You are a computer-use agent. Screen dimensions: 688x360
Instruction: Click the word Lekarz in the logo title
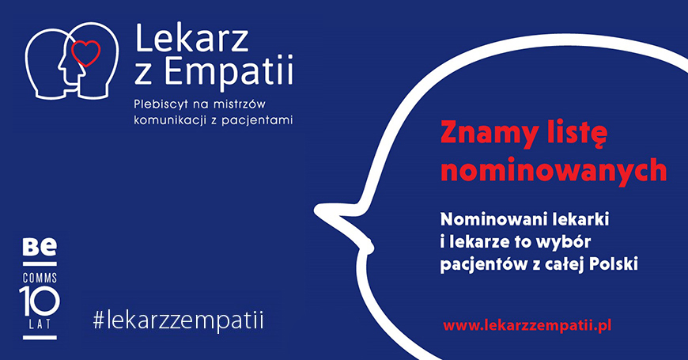(192, 38)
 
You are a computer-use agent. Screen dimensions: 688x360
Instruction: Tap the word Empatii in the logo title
(229, 72)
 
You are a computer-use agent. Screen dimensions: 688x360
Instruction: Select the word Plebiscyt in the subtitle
(161, 105)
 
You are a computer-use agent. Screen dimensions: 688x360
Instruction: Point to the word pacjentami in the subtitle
(257, 120)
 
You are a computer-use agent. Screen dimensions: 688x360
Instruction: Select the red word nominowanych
(554, 169)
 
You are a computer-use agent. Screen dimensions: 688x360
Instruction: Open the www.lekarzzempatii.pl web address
(527, 326)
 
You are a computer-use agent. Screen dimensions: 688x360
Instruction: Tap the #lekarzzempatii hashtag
(179, 320)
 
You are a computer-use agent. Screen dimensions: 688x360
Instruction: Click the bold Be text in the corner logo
(40, 247)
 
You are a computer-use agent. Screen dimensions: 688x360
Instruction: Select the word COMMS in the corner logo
(40, 278)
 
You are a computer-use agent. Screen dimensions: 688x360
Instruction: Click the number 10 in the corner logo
(39, 301)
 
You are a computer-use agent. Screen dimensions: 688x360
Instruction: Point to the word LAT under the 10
(40, 324)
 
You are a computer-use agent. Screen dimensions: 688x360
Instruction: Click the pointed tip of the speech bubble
(316, 210)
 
